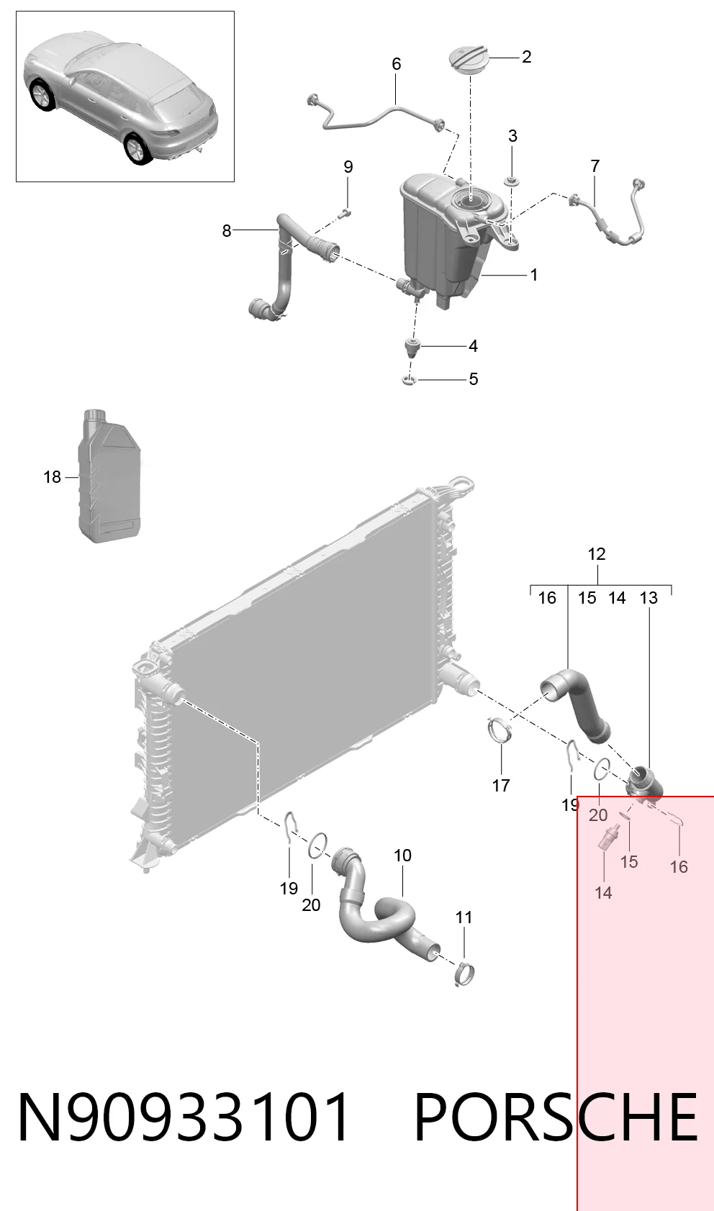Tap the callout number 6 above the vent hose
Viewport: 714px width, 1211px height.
[x=397, y=64]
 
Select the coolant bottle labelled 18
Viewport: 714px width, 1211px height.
[x=112, y=476]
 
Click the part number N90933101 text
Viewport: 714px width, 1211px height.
[x=184, y=1117]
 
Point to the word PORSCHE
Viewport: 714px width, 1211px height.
[x=556, y=1117]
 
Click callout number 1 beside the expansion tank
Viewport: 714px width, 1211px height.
[x=534, y=275]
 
